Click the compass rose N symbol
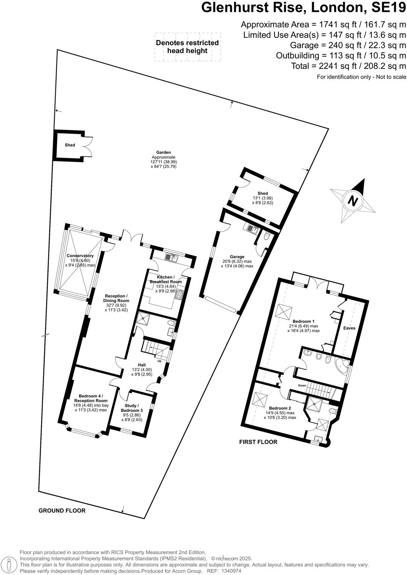[352, 201]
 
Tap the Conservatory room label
[80, 256]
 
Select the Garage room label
[237, 257]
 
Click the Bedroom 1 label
[303, 321]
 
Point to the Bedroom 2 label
[280, 408]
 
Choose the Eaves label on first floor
[349, 328]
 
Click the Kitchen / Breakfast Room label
[165, 279]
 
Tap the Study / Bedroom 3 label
[132, 408]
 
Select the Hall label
[142, 365]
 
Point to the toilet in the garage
[267, 236]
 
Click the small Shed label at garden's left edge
[70, 145]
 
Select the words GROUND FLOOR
[62, 511]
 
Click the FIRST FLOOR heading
[258, 442]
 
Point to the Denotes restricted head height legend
[187, 47]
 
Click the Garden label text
[164, 152]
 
